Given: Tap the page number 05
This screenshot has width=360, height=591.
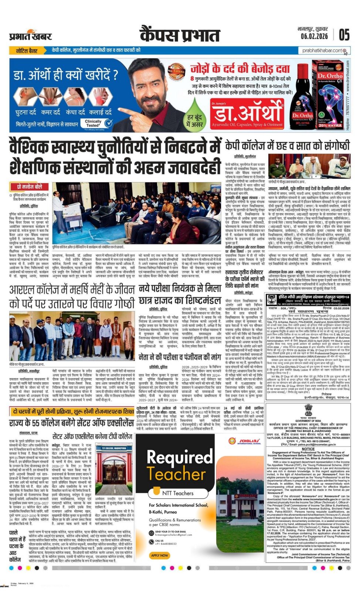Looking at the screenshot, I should pyautogui.click(x=344, y=35).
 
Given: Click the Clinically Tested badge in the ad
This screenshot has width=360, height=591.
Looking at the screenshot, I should pyautogui.click(x=98, y=123).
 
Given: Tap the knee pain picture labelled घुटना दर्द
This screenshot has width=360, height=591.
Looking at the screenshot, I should pyautogui.click(x=26, y=97).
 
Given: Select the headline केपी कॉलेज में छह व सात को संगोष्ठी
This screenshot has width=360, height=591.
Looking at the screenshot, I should pyautogui.click(x=287, y=145).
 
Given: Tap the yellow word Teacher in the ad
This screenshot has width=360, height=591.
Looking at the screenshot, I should pyautogui.click(x=175, y=474).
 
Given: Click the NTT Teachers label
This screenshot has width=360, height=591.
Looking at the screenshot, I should pyautogui.click(x=178, y=493).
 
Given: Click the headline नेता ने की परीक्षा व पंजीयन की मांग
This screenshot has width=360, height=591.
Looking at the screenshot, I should pyautogui.click(x=180, y=357).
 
